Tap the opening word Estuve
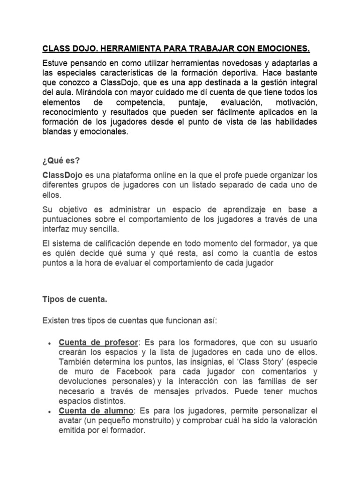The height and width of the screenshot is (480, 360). [x=55, y=63]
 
